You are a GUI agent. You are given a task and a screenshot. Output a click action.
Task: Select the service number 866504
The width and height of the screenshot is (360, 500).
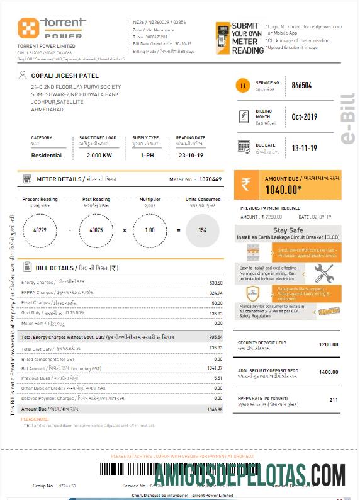pos(301,85)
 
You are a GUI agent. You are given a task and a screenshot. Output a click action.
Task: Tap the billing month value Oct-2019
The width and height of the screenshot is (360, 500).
pos(305,117)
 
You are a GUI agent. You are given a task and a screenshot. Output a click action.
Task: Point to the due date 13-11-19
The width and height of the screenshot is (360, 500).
pos(304,148)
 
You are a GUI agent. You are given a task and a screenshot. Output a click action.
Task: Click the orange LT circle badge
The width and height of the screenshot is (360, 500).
pos(244,85)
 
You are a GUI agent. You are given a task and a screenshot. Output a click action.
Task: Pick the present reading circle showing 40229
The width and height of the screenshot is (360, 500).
pos(39,230)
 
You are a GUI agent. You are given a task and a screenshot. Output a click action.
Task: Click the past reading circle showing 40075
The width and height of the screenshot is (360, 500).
pos(96,230)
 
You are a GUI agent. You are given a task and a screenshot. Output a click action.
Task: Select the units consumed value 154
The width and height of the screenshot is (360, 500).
pos(202,230)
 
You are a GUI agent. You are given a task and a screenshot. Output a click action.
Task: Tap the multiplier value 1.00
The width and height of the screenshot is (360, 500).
pos(149,230)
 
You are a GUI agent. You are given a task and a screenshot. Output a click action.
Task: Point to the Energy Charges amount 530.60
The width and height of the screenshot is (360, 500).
pos(216,283)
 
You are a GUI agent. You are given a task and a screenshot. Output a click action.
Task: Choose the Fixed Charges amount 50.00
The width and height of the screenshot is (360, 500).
pos(217,303)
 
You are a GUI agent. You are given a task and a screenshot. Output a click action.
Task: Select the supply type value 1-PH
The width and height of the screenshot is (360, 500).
pos(147,155)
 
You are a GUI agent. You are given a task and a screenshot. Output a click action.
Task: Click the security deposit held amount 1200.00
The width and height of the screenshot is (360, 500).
pos(328,344)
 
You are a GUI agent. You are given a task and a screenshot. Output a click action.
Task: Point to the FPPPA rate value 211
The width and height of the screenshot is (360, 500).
pos(334,400)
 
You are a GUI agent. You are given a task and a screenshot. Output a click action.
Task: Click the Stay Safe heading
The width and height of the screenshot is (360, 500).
pos(288,231)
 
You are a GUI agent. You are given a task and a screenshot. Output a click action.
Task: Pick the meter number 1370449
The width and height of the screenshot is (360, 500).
pos(210,179)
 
